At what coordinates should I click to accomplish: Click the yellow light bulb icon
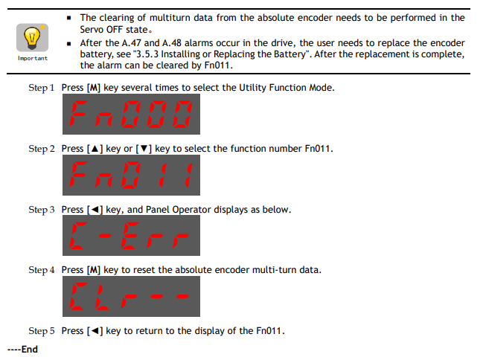point(32,37)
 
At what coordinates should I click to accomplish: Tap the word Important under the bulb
point(33,58)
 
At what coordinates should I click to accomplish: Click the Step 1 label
point(41,88)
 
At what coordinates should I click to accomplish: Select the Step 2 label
point(41,149)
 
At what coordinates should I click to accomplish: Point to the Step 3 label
point(41,210)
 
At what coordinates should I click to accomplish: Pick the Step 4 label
point(41,270)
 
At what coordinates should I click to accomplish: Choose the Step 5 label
point(41,331)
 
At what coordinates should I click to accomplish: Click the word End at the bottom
point(30,349)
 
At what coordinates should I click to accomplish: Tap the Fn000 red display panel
point(131,114)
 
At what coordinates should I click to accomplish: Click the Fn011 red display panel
point(131,175)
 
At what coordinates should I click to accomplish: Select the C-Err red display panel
point(131,236)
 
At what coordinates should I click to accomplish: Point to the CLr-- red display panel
point(131,296)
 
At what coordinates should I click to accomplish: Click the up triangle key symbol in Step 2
point(95,149)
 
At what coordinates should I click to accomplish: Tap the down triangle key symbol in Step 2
point(144,149)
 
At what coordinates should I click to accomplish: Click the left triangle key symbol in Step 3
point(95,210)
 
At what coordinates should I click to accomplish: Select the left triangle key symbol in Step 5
point(95,331)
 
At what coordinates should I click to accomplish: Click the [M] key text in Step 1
point(94,88)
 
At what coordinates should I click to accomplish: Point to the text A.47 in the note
point(132,42)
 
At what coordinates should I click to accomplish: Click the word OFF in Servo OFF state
point(115,30)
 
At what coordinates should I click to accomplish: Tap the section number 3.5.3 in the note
point(147,54)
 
